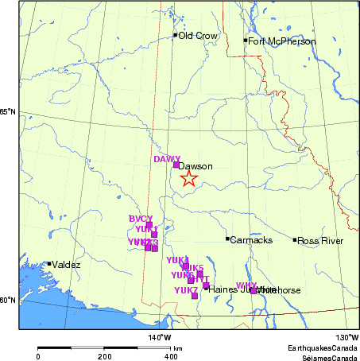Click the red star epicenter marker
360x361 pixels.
(188, 178)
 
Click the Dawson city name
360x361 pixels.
(195, 166)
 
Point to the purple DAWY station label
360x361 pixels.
(167, 159)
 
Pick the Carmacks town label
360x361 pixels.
(251, 240)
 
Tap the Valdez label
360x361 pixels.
(66, 265)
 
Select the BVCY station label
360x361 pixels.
(140, 219)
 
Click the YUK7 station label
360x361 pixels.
(186, 290)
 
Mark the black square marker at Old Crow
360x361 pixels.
(175, 35)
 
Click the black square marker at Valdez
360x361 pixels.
(49, 264)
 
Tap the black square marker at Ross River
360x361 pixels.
(295, 239)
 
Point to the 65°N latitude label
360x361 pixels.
(8, 111)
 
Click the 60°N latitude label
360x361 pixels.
(8, 300)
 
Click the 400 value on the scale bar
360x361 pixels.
(171, 357)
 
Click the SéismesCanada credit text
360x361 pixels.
(326, 357)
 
